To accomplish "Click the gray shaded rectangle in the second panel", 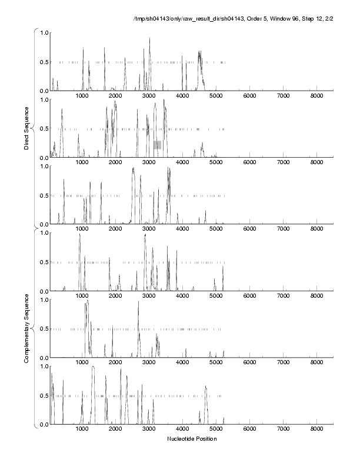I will [157, 145].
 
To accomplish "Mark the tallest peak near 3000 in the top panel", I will [149, 39].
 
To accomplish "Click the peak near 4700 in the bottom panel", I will [206, 387].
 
